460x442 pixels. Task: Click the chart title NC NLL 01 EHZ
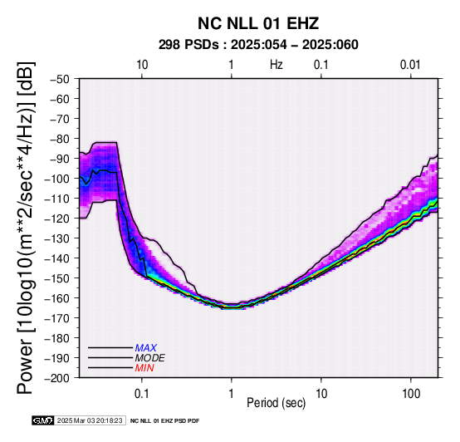258,23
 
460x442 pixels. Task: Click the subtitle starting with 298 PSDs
258,45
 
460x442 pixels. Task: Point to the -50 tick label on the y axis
59,79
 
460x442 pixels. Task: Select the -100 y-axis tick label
56,179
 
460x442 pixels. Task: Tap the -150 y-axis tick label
56,278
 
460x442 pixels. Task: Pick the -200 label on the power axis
56,378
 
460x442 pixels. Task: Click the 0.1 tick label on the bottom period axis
142,394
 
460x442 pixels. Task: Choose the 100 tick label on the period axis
411,394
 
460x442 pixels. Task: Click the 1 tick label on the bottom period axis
232,394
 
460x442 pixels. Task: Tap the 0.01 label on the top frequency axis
410,65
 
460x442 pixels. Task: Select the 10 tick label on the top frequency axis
142,65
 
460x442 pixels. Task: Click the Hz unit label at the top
276,65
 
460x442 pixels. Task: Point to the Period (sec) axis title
276,403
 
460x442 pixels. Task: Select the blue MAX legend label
146,348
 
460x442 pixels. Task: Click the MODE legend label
150,358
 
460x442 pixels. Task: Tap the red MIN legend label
144,368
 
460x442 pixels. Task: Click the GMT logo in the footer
43,420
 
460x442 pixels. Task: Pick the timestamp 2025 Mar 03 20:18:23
90,420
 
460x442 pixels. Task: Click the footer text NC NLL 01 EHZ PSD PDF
165,421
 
